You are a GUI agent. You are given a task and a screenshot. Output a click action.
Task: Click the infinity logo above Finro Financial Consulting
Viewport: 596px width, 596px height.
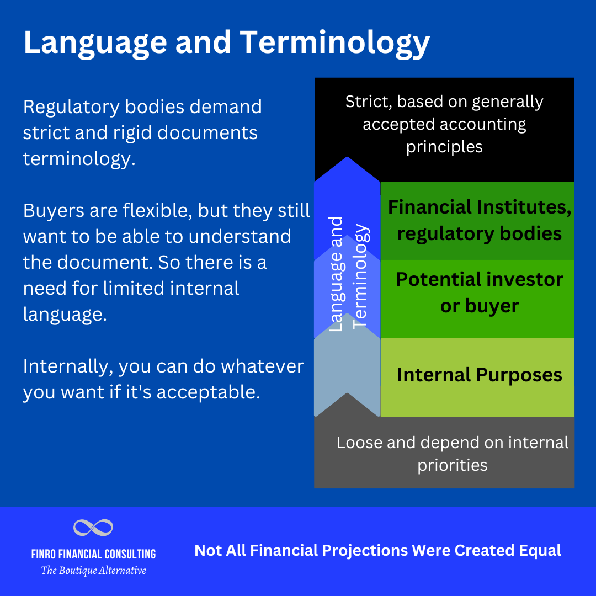[93, 528]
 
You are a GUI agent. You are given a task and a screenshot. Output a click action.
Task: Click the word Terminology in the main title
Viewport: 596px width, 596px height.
[337, 43]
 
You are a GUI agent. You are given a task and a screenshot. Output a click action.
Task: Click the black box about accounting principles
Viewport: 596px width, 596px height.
[444, 124]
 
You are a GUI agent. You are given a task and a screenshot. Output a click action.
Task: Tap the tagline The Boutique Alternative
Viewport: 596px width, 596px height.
[93, 570]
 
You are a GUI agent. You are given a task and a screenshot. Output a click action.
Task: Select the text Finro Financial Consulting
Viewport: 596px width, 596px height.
[93, 554]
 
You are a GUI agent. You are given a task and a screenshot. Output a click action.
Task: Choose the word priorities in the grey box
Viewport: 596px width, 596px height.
[453, 465]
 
